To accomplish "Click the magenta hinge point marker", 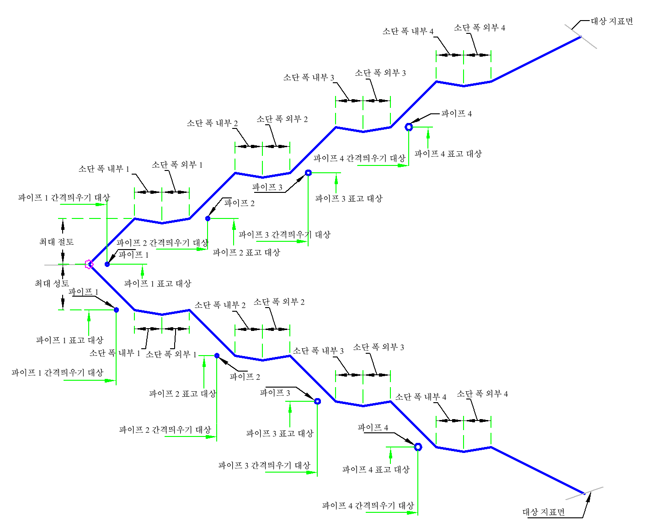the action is [x=89, y=264].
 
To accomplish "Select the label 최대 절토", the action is [x=56, y=242].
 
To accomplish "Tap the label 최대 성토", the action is [x=52, y=283].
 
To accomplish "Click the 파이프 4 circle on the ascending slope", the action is [x=408, y=127].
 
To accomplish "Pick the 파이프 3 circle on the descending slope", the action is [x=317, y=401].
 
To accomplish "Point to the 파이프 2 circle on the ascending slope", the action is [x=208, y=218].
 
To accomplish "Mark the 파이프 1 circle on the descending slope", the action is [x=116, y=310].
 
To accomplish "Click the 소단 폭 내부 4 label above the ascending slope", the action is [x=408, y=31].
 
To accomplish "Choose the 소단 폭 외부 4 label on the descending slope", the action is [x=482, y=394].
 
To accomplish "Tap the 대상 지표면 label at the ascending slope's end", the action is [x=612, y=21].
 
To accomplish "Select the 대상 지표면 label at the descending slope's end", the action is [x=544, y=512].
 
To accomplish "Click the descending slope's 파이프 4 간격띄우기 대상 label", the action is [x=368, y=505].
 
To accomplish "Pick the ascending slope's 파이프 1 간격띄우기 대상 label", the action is [x=64, y=197].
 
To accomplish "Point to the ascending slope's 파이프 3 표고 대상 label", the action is [x=349, y=198].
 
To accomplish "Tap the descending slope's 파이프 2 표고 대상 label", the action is [x=183, y=394].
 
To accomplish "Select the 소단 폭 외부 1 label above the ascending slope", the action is [x=177, y=165].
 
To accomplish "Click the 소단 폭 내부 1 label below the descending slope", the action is [x=115, y=353].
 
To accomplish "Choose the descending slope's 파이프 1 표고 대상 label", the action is [x=69, y=340].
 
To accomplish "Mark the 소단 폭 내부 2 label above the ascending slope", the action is [x=212, y=123].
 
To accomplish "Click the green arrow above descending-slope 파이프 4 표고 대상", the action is [x=390, y=456].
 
